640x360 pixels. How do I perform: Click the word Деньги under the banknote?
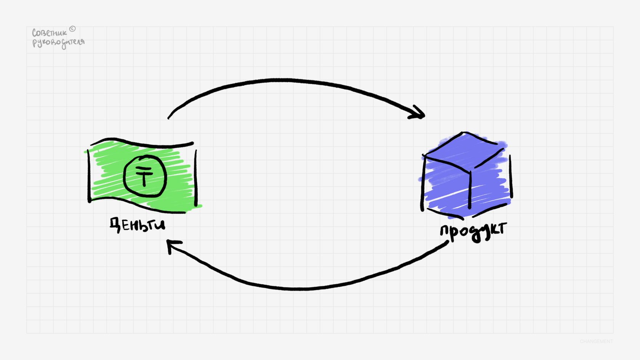pos(138,224)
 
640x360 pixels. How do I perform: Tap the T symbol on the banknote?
pos(144,177)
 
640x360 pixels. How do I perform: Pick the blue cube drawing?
pos(466,175)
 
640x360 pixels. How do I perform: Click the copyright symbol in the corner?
pos(72,29)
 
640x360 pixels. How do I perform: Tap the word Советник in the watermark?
pos(49,33)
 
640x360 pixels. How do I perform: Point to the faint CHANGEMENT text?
pos(596,341)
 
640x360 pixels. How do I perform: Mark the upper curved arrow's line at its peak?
pos(286,80)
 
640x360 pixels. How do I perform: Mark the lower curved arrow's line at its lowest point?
pos(301,289)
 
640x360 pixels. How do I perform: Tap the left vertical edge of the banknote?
pos(90,175)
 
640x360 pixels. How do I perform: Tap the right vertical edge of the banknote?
pos(196,178)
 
